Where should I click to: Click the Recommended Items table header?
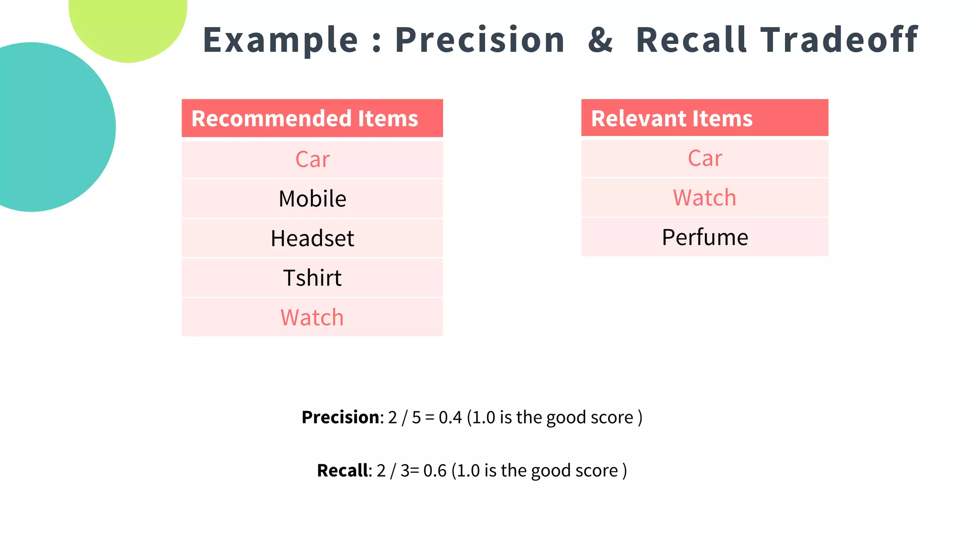pos(305,118)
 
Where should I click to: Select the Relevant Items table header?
pos(671,118)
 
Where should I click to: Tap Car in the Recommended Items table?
pos(312,159)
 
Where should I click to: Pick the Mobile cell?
pos(312,199)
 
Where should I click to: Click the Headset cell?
pos(312,238)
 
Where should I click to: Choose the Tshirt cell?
pos(312,278)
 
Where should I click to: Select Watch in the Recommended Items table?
pos(312,317)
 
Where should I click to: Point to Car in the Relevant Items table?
pos(705,158)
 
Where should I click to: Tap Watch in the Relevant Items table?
pos(705,198)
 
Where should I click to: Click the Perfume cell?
pos(705,237)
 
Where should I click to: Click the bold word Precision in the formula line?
pos(340,417)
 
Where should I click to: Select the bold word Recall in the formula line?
pos(342,470)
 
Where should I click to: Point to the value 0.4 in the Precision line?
pos(450,417)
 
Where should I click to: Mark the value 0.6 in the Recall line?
pos(435,470)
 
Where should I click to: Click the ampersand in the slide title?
pos(600,40)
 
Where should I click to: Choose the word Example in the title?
pos(280,40)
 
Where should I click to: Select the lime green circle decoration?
pos(128,24)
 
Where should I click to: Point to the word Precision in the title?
pos(480,40)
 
